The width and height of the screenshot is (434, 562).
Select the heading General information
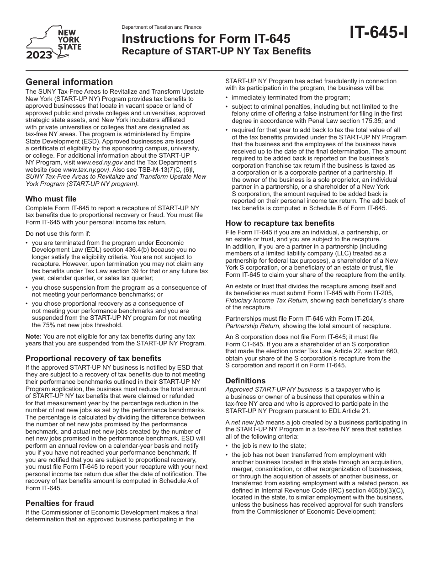(69, 82)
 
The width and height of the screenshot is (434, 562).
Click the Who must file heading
(51, 199)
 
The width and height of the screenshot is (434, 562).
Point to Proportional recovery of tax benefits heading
(93, 358)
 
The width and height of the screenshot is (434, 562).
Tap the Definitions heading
(245, 380)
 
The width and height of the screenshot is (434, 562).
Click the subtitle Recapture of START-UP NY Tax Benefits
(216, 51)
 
